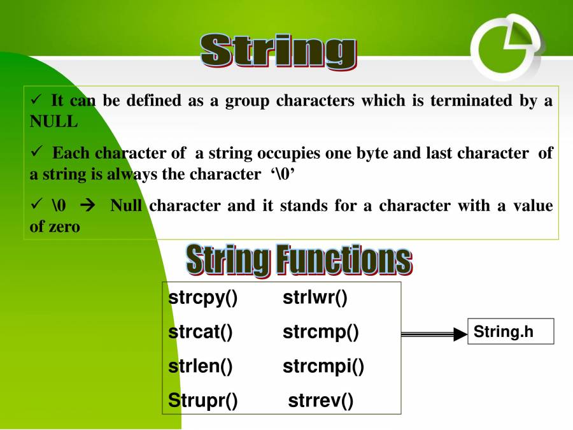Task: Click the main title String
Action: point(278,50)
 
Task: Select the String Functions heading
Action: point(299,260)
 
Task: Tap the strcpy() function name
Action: point(203,298)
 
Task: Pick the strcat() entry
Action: point(201,332)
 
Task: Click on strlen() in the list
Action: point(201,366)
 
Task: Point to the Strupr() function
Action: point(203,401)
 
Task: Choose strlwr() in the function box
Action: point(315,297)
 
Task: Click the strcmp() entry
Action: point(321,333)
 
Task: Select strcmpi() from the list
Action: point(323,366)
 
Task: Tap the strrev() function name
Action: point(321,401)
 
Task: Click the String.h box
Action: point(511,331)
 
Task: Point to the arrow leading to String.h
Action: point(434,334)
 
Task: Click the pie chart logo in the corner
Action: point(507,47)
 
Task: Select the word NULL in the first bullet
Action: point(53,122)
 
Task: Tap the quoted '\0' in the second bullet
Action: point(283,174)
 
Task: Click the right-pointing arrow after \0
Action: point(88,206)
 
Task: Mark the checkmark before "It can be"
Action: point(36,99)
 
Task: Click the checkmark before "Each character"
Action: point(36,151)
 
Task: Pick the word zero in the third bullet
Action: point(65,227)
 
